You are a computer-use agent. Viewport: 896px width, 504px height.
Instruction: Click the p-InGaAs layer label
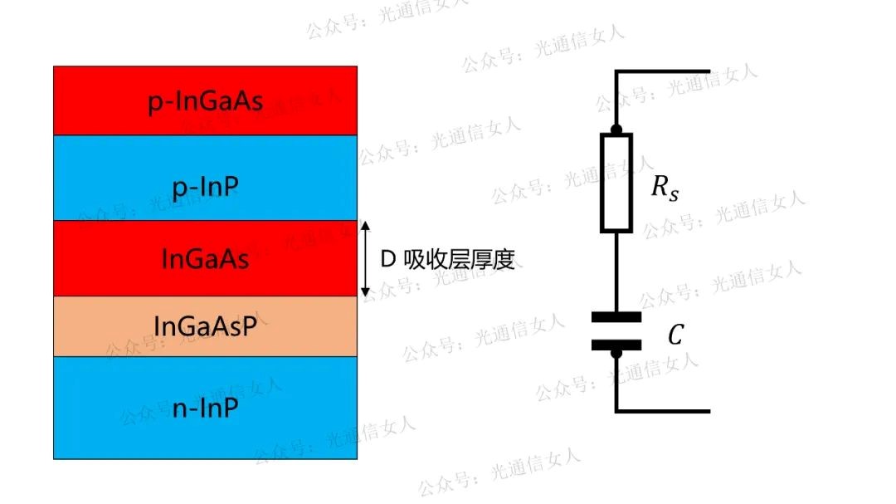click(206, 102)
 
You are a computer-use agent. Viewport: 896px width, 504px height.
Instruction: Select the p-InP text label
click(205, 188)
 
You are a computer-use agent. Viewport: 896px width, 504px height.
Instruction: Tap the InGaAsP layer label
click(205, 325)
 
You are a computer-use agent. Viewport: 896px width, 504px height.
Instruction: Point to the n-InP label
click(205, 409)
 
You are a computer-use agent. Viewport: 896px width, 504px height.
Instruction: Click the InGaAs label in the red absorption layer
click(205, 258)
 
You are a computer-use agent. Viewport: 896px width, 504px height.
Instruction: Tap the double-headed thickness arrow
click(365, 258)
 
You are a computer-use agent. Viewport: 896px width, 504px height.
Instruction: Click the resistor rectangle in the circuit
click(616, 181)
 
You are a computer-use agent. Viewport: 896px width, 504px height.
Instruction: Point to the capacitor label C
click(675, 335)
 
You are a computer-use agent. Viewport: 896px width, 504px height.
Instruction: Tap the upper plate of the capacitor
click(616, 316)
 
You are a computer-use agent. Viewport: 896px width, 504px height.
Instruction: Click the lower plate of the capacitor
click(616, 345)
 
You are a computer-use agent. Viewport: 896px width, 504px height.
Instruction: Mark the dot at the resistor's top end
click(616, 130)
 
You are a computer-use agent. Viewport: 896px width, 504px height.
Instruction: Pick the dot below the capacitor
click(616, 355)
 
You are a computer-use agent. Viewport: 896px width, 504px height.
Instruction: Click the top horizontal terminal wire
click(664, 71)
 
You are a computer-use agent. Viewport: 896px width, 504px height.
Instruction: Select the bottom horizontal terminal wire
click(664, 411)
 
